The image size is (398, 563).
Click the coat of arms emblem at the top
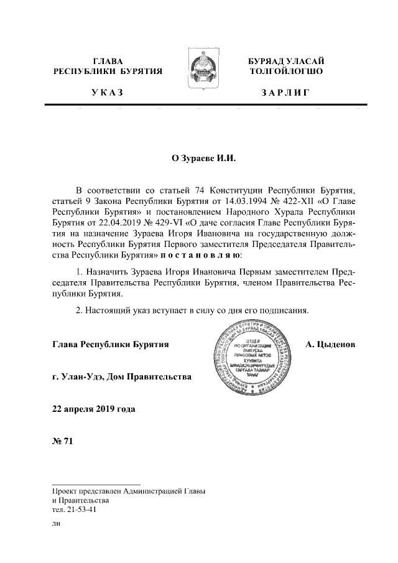coord(198,73)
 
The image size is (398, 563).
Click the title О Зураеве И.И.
coord(198,158)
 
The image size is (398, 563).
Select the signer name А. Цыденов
coord(330,343)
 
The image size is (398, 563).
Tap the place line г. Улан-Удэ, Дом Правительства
coord(123,376)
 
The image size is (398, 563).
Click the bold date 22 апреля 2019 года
coord(93,409)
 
